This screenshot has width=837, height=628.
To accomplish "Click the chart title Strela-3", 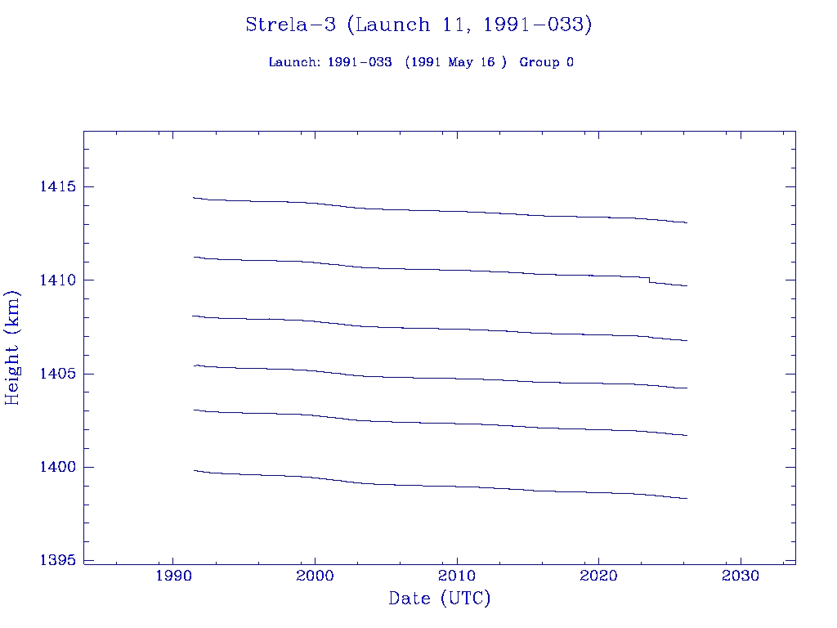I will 290,25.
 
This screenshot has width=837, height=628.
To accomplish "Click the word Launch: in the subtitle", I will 295,62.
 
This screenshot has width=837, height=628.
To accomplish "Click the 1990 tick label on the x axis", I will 173,576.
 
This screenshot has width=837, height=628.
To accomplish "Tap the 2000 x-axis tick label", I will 315,576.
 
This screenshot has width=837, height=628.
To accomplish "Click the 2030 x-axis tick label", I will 741,576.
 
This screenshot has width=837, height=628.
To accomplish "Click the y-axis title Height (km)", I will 13,348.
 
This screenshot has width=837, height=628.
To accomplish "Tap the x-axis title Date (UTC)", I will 440,599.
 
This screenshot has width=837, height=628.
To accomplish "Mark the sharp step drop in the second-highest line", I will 650,280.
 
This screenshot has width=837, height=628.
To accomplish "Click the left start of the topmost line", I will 194,197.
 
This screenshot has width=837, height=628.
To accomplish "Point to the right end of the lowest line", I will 687,498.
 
